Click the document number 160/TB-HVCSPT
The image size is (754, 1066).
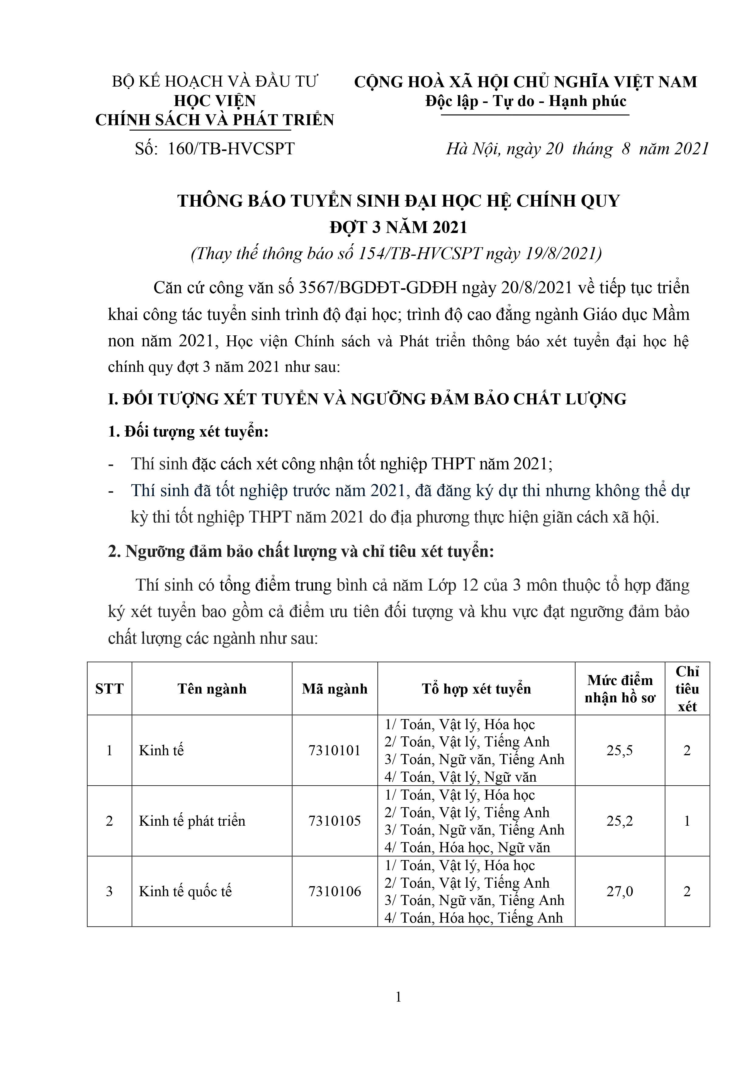pos(231,149)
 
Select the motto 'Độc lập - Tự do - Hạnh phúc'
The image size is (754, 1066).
pos(525,101)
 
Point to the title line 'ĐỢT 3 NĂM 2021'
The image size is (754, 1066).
pos(398,227)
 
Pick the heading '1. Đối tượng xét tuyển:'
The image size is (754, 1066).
pos(189,431)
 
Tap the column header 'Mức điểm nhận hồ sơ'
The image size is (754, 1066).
pos(620,689)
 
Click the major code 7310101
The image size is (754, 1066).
pos(335,751)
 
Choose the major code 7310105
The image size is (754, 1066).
pos(335,821)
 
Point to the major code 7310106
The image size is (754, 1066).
pos(335,891)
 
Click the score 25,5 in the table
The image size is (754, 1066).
pos(620,751)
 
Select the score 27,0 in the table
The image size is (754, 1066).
pos(620,891)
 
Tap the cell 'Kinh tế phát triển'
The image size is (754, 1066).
pos(192,821)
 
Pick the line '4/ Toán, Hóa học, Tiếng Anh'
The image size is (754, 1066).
pos(473,918)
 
